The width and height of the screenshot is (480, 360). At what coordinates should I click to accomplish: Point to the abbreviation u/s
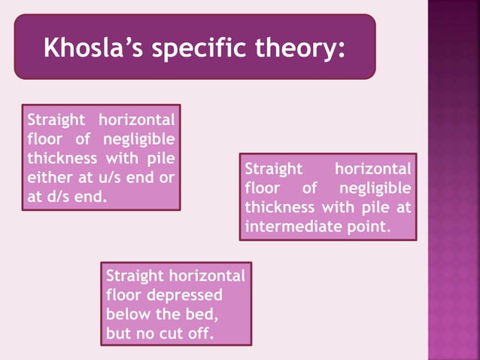[x=103, y=178]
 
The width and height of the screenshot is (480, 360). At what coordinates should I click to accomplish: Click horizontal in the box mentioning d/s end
[x=135, y=120]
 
